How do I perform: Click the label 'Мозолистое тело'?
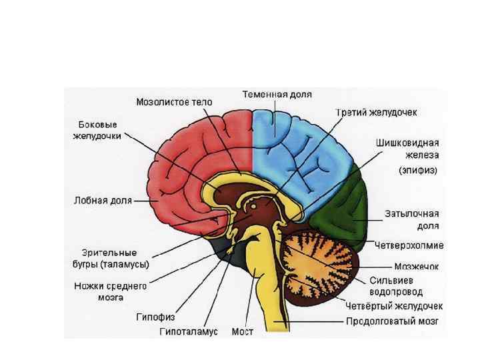[x=174, y=103]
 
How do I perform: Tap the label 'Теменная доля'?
[x=277, y=95]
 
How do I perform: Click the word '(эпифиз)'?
[x=418, y=170]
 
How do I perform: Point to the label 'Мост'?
[x=242, y=331]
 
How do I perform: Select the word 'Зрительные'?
[x=109, y=253]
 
